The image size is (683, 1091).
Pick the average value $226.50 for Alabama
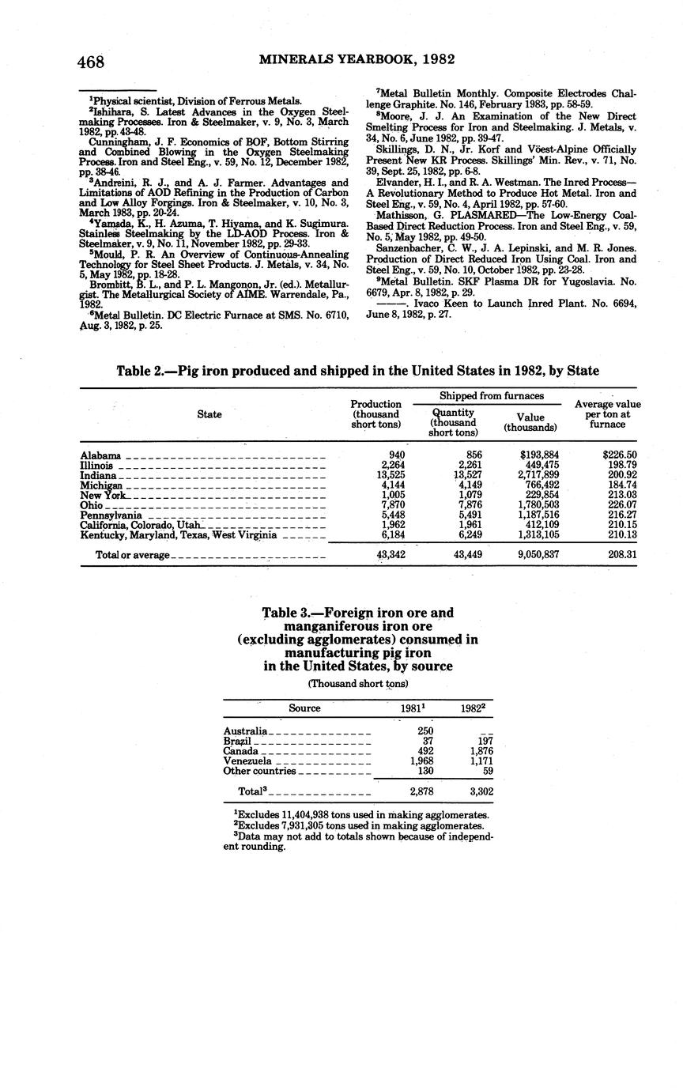pyautogui.click(x=619, y=455)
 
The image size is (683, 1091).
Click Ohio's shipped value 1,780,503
pyautogui.click(x=538, y=505)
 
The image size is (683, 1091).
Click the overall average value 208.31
pyautogui.click(x=620, y=555)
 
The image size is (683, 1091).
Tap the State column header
pyautogui.click(x=209, y=414)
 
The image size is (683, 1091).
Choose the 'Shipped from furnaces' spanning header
pyautogui.click(x=492, y=395)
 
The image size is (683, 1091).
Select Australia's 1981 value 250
pyautogui.click(x=425, y=730)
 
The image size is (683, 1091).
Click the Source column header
pyautogui.click(x=304, y=708)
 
